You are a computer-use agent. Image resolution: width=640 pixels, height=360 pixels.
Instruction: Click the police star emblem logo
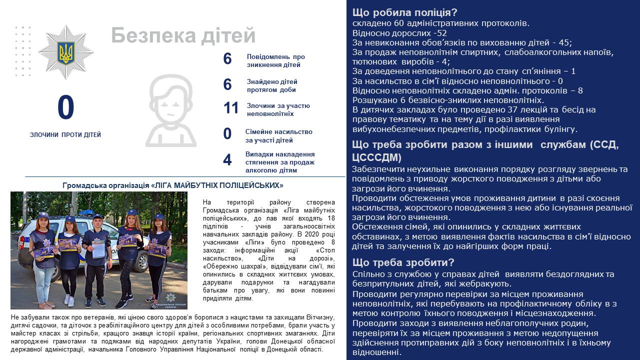[x=66, y=52]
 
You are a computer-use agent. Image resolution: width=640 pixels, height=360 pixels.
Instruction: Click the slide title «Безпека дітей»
[x=183, y=36]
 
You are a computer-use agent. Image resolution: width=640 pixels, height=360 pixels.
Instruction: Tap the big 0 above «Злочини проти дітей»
[x=65, y=108]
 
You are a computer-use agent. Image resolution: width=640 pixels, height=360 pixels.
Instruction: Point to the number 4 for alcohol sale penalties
[x=227, y=160]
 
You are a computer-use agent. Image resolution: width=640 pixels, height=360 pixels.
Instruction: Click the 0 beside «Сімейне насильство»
[x=227, y=134]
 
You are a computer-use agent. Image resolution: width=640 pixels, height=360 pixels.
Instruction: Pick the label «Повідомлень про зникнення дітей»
[x=275, y=60]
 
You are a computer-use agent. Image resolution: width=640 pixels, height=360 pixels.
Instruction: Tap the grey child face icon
[x=170, y=111]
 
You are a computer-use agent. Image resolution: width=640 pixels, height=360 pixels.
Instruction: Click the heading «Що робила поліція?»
[x=404, y=13]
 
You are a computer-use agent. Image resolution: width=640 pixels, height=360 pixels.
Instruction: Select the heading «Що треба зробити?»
[x=403, y=262]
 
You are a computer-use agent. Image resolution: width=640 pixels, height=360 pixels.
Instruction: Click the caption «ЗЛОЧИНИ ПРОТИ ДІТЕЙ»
[x=65, y=135]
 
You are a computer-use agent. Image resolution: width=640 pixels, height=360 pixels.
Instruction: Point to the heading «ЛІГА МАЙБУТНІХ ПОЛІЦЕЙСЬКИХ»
[x=173, y=185]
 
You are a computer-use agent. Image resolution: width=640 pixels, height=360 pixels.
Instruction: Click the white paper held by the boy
[x=98, y=248]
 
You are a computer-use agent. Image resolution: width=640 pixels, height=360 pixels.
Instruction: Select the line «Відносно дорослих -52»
[x=392, y=33]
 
